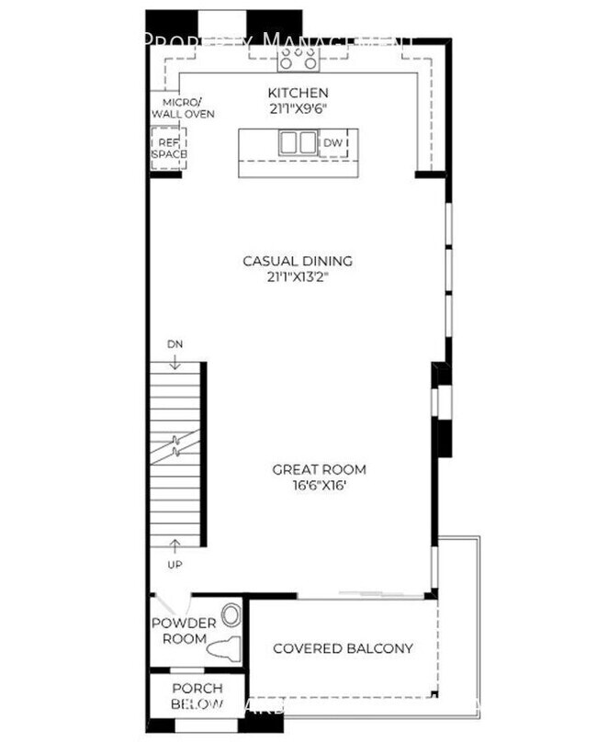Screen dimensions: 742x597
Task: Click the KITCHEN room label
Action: pos(298,93)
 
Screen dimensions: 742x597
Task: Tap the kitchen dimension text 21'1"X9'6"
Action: pos(298,108)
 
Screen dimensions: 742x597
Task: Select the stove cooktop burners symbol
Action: pos(298,57)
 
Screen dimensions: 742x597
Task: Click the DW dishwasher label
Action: pos(332,143)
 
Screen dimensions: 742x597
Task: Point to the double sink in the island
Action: pos(298,144)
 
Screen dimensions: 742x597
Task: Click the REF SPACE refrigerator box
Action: pos(168,148)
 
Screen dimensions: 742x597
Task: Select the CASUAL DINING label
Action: pos(297,261)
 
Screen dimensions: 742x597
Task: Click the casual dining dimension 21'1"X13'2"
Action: pos(297,277)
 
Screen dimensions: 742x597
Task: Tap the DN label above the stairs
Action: pos(175,343)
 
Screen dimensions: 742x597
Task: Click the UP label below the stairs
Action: pos(175,563)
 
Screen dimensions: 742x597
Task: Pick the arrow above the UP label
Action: pos(175,547)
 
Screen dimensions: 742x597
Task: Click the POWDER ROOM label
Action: pos(183,629)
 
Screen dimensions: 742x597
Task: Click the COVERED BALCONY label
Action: pos(343,648)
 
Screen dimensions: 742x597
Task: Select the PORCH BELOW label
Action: pos(197,696)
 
